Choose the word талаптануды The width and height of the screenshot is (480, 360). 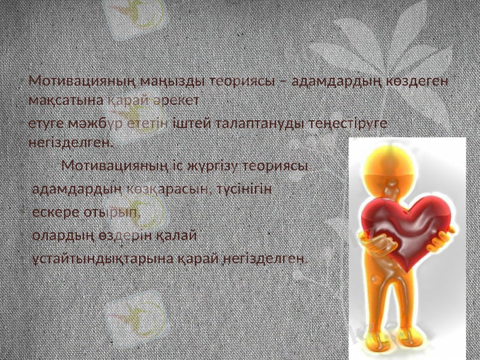259,124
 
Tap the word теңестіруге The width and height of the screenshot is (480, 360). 349,124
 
